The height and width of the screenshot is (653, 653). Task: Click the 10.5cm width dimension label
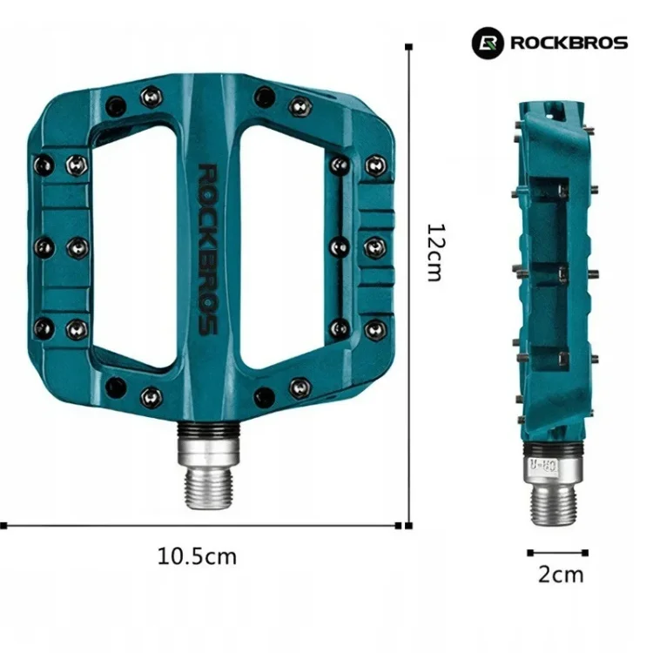click(197, 556)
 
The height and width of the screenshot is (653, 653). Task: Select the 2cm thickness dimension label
click(561, 575)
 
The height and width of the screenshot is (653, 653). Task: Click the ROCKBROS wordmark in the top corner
click(569, 43)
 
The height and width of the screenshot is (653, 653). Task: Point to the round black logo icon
click(488, 43)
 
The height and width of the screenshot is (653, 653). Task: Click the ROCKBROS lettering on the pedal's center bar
click(207, 249)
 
